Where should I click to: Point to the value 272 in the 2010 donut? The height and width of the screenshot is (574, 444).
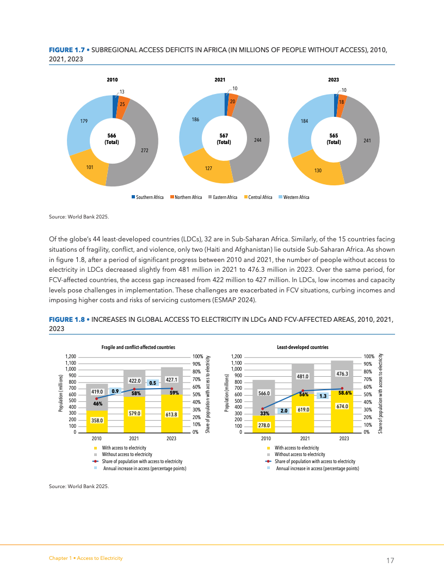144,150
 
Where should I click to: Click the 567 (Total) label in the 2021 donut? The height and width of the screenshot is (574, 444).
224,139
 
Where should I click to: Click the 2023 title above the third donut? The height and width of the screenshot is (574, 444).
334,79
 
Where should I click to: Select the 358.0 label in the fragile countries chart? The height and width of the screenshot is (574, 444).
97,420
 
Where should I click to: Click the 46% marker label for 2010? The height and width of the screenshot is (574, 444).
98,404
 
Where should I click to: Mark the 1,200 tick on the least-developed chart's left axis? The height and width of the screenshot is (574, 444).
236,356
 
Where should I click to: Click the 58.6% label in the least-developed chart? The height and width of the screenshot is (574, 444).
345,392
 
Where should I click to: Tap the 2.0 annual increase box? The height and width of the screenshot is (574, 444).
283,411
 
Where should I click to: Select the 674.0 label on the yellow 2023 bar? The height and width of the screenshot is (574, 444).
342,405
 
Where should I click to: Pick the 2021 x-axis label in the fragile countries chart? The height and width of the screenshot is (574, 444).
134,438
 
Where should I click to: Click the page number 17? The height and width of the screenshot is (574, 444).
390,560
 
